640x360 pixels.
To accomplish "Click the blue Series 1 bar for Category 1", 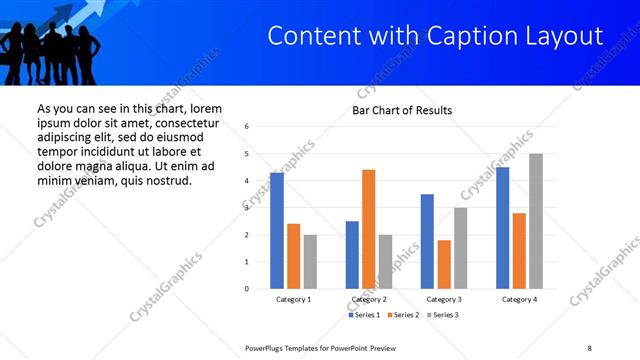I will [x=277, y=231].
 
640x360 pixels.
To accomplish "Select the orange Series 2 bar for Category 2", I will [x=368, y=229].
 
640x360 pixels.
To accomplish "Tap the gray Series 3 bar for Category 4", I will [x=536, y=221].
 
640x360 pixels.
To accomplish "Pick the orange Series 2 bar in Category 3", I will [x=444, y=264].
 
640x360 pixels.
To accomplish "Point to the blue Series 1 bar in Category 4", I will [x=502, y=228].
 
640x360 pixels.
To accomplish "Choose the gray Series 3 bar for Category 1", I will [x=310, y=262].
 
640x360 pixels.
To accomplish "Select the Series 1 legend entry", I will [x=365, y=315].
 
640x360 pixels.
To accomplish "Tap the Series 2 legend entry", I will [x=402, y=315].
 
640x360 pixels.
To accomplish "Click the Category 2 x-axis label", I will [x=369, y=300].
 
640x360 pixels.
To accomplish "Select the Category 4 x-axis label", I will [x=519, y=300].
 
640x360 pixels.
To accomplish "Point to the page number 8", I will [x=589, y=348].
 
